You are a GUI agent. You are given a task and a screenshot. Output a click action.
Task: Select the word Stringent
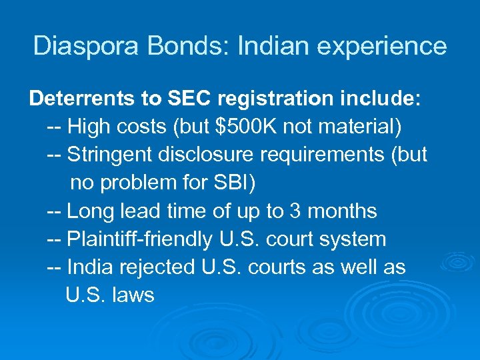(x=110, y=155)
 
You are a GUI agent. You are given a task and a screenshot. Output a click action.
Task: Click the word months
(x=342, y=211)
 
